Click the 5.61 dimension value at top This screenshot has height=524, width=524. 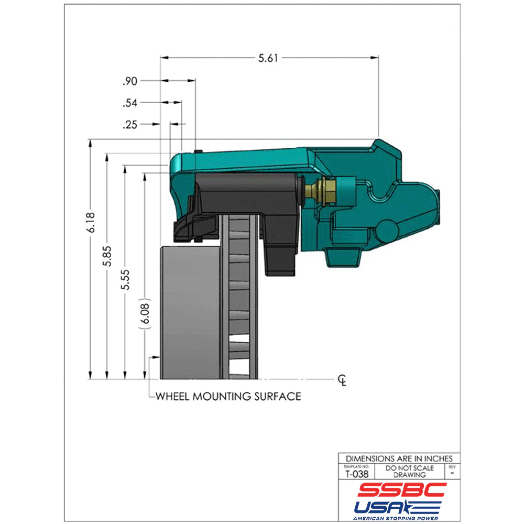click(x=268, y=58)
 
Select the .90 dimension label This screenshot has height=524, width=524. click(x=129, y=81)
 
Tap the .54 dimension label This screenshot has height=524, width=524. click(x=129, y=103)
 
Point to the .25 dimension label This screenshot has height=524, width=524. click(x=129, y=125)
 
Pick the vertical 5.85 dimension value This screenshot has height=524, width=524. click(x=107, y=257)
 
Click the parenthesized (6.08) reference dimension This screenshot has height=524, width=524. click(x=145, y=315)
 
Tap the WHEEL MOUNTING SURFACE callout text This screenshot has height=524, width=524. click(x=228, y=396)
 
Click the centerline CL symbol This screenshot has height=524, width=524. click(x=342, y=379)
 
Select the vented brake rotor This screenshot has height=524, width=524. click(x=239, y=299)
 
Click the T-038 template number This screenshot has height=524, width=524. click(x=356, y=474)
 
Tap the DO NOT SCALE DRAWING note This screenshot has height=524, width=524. click(x=409, y=471)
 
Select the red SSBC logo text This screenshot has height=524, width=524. click(x=401, y=490)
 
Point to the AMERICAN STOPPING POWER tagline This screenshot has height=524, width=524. click(x=398, y=518)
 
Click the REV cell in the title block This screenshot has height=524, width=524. click(x=452, y=471)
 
